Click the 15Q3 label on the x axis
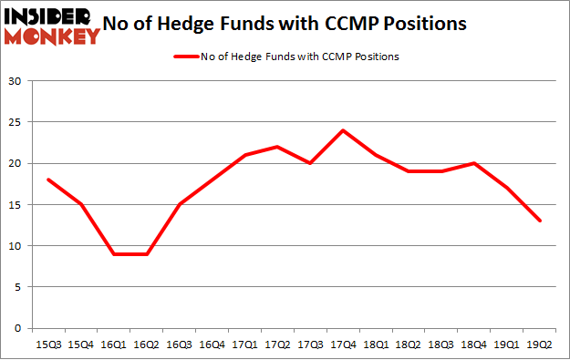point(47,345)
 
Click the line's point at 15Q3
point(47,180)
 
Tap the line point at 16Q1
point(114,253)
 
